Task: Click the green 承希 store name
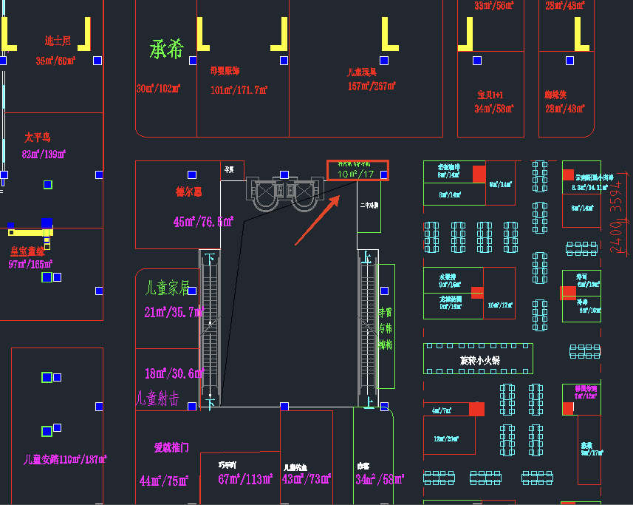pyautogui.click(x=166, y=50)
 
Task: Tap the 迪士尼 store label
pyautogui.click(x=58, y=41)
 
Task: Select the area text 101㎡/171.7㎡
pyautogui.click(x=238, y=90)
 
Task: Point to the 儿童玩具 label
pyautogui.click(x=363, y=72)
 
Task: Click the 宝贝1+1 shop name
pyautogui.click(x=490, y=95)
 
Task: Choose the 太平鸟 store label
pyautogui.click(x=37, y=138)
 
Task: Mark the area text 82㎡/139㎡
pyautogui.click(x=44, y=154)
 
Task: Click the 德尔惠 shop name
pyautogui.click(x=188, y=192)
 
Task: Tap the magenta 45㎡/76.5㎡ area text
pyautogui.click(x=203, y=222)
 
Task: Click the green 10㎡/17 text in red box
pyautogui.click(x=356, y=174)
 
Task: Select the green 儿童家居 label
pyautogui.click(x=168, y=287)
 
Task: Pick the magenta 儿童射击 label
pyautogui.click(x=157, y=399)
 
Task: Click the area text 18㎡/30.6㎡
pyautogui.click(x=174, y=374)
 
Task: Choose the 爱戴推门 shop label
pyautogui.click(x=171, y=447)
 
